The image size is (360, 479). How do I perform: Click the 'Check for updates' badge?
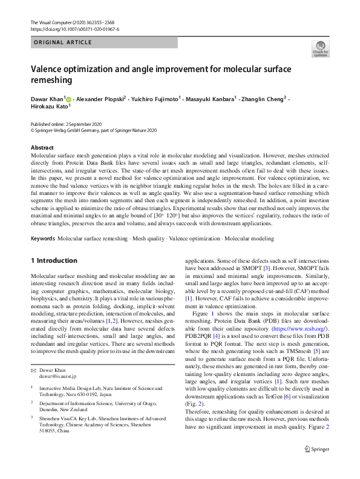coord(319,48)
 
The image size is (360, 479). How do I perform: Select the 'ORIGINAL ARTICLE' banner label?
coord(62,42)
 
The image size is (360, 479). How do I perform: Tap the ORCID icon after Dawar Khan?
coord(68,99)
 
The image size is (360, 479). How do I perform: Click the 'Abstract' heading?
coord(42,148)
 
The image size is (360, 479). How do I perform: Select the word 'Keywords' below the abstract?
coord(42,240)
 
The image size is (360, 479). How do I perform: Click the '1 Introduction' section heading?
coord(54,261)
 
